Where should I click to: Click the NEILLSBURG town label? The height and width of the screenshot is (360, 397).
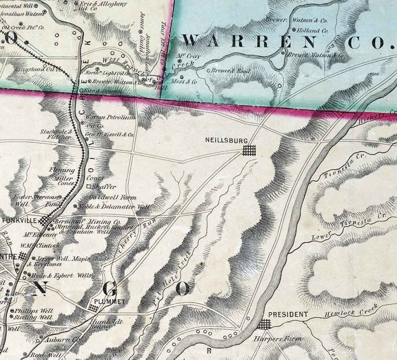[x=226, y=141]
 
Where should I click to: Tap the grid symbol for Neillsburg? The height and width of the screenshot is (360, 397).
[x=249, y=150]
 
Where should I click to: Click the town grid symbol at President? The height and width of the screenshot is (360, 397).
[x=264, y=324]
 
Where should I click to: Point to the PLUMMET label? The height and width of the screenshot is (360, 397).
[x=110, y=302]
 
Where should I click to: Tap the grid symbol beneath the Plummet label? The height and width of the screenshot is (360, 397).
[x=93, y=308]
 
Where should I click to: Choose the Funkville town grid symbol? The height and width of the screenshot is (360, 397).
[x=45, y=221]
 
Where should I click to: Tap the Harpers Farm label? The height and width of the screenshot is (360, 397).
[x=277, y=339]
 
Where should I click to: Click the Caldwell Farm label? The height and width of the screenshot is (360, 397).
[x=112, y=197]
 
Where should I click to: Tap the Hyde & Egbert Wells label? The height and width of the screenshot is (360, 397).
[x=61, y=276]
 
